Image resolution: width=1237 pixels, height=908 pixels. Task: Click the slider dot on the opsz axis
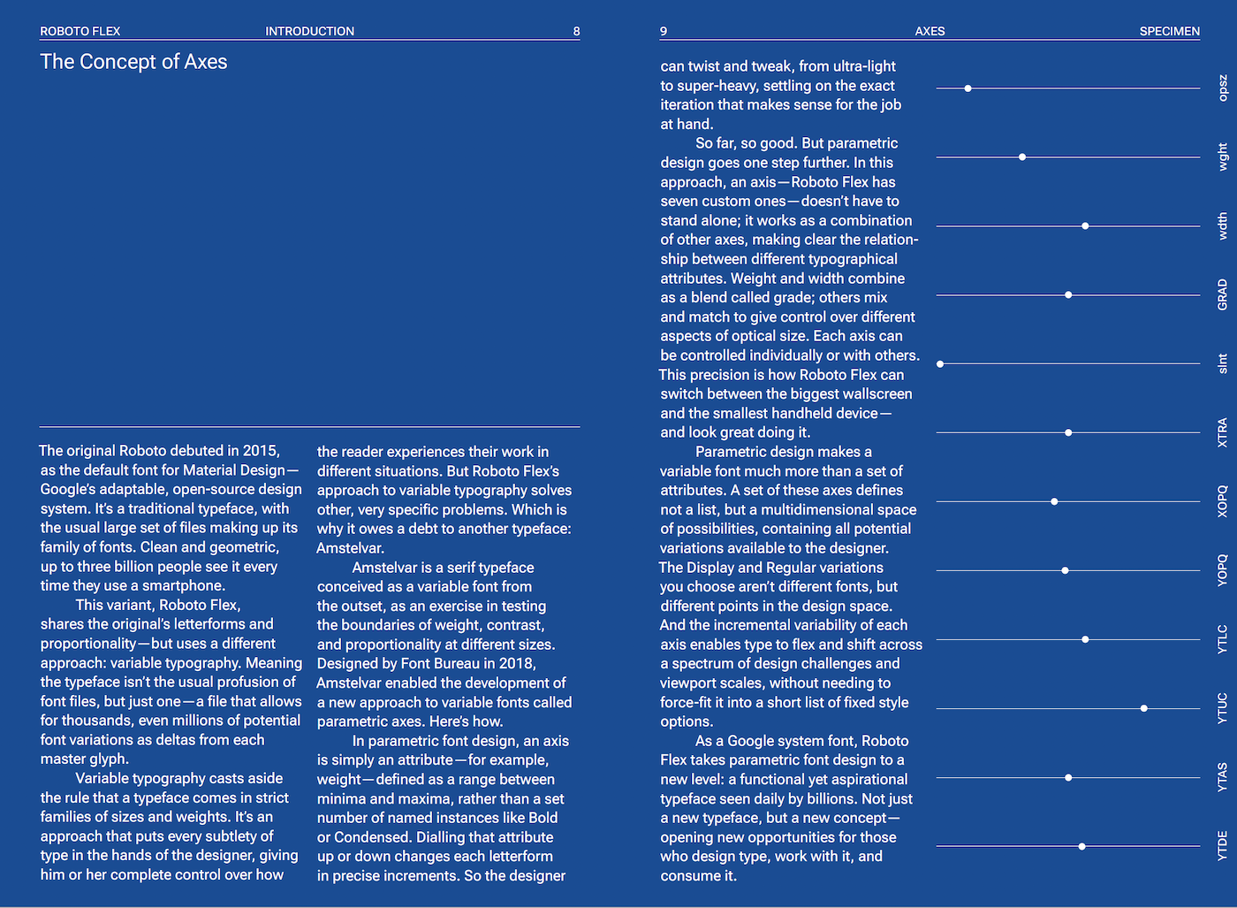click(968, 88)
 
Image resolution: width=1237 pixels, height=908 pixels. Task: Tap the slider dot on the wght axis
click(1022, 157)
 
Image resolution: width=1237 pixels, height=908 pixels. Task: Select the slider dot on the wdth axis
click(1085, 226)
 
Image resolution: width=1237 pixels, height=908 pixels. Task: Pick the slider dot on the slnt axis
click(940, 364)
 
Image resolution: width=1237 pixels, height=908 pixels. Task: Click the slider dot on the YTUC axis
click(1144, 708)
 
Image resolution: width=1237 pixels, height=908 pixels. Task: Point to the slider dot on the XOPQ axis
click(1054, 501)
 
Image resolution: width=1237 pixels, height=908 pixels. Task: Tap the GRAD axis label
click(1223, 294)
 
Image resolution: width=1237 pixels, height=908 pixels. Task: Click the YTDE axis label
click(1223, 846)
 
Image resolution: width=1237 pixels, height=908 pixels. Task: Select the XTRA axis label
click(1223, 432)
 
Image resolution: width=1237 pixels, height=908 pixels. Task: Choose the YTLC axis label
click(1223, 639)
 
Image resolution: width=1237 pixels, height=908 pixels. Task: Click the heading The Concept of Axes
click(133, 62)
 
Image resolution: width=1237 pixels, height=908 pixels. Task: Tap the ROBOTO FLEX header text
click(80, 31)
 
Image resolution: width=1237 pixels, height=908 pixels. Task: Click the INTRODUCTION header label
click(309, 31)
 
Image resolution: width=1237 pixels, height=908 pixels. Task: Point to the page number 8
click(576, 31)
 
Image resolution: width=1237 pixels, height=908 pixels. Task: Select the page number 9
click(664, 31)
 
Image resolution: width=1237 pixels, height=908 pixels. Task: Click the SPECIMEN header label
click(1169, 31)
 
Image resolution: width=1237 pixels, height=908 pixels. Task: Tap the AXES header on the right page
click(930, 31)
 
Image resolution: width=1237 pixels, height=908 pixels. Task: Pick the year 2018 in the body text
click(516, 663)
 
